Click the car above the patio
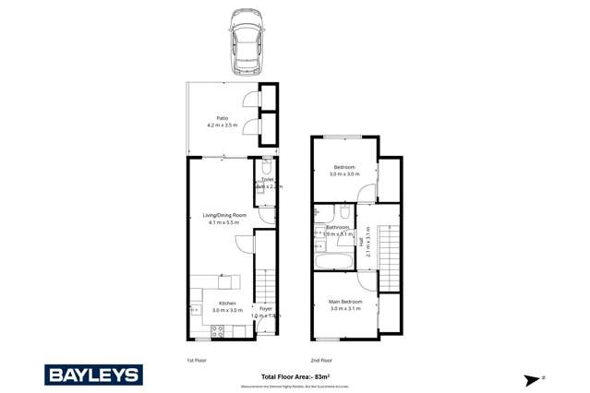coord(246,42)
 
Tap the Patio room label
coord(222,118)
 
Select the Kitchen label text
coord(227,304)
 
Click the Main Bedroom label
coord(344,302)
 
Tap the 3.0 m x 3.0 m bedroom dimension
coord(344,173)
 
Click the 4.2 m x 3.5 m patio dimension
coord(222,125)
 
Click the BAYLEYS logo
coord(93,374)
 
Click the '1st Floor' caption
coord(197,360)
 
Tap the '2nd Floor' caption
coord(320,360)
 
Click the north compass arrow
coord(535,378)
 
